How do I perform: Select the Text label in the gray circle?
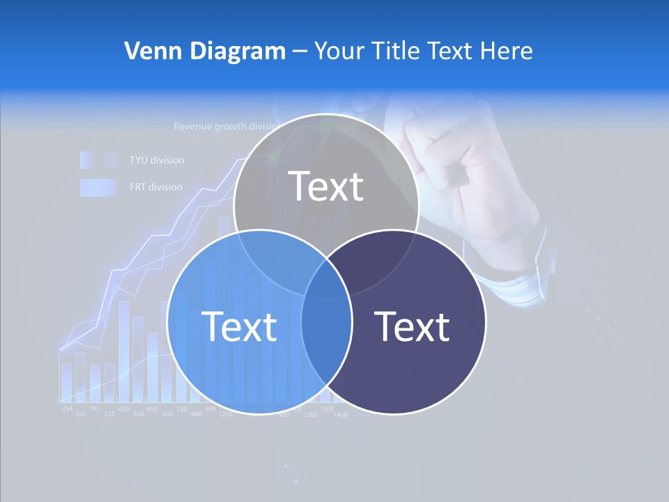tap(326, 186)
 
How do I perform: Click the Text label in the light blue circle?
tap(239, 326)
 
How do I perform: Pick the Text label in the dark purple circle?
tap(412, 326)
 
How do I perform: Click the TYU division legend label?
tap(157, 160)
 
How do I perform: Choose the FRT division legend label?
tap(155, 187)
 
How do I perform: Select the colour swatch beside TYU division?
tap(97, 160)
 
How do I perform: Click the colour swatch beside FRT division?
tap(97, 188)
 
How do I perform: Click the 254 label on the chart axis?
tap(67, 408)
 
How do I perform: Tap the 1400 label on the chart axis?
tap(340, 415)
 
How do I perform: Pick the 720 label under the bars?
tap(181, 409)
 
